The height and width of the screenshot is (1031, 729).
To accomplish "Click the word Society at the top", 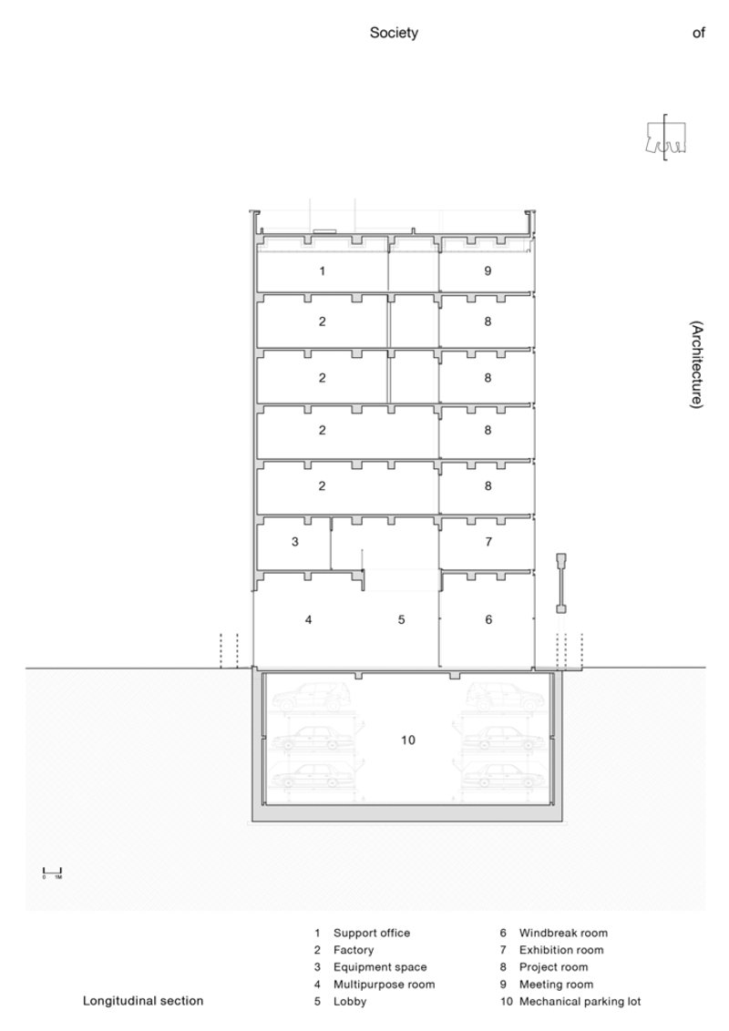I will point(394,33).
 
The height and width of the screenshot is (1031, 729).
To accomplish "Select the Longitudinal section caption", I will point(143,1001).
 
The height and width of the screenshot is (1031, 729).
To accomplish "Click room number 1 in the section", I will point(322,271).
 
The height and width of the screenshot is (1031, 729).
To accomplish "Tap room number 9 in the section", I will point(488,271).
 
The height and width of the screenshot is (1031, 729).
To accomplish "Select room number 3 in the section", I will point(295,542).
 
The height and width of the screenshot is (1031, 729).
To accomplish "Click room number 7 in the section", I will point(488,542).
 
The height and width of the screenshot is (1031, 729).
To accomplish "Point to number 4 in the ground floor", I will point(309,619).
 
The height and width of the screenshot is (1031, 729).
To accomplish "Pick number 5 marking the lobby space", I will point(401,619).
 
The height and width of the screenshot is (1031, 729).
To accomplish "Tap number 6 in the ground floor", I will point(488,619).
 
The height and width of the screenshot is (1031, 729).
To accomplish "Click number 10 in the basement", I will point(407,740).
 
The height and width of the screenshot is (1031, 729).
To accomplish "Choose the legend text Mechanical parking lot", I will point(580,1001).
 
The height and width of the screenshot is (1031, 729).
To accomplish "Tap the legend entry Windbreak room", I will point(563,933).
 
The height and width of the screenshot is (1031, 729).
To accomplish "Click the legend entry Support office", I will point(372,933).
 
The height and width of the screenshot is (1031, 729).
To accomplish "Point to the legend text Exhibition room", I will point(561,950).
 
